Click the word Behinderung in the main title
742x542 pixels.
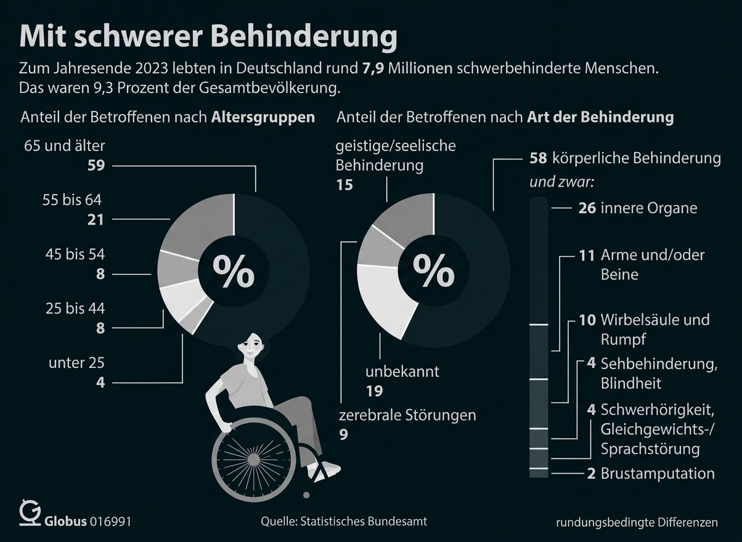point(304,37)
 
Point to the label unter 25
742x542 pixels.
point(76,363)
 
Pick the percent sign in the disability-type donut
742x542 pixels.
point(434,272)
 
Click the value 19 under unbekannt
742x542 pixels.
point(374,391)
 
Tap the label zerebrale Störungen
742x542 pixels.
point(406,415)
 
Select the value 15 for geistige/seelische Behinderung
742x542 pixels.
point(344,184)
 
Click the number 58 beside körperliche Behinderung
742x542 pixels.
point(538,158)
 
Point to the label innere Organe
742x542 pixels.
point(649,208)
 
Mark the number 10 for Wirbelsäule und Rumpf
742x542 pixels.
point(587,320)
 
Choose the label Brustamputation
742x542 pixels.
point(658,474)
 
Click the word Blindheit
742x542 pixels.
point(630,383)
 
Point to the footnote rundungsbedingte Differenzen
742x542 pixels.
point(637,522)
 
